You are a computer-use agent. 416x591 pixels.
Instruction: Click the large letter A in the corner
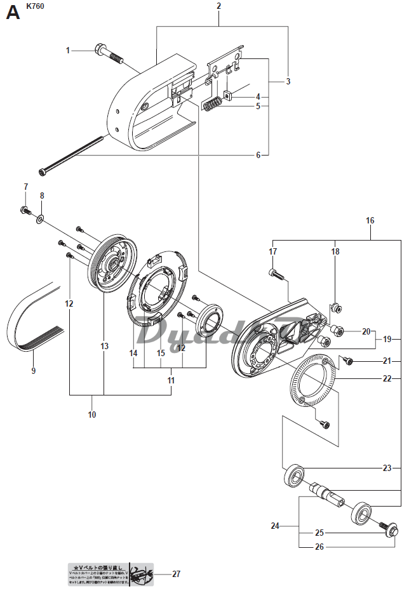click(x=13, y=12)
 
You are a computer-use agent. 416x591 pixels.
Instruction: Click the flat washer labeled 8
click(x=40, y=219)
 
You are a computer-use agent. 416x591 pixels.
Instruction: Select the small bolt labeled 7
click(x=25, y=210)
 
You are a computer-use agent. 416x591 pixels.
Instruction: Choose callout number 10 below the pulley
click(x=92, y=415)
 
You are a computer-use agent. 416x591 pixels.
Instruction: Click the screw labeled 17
click(x=274, y=274)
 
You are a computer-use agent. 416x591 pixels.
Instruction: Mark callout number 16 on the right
click(x=370, y=220)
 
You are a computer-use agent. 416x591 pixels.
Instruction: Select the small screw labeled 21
click(x=348, y=361)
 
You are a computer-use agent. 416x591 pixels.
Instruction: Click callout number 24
click(x=275, y=526)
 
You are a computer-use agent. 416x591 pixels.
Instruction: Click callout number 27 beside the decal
click(x=176, y=574)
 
